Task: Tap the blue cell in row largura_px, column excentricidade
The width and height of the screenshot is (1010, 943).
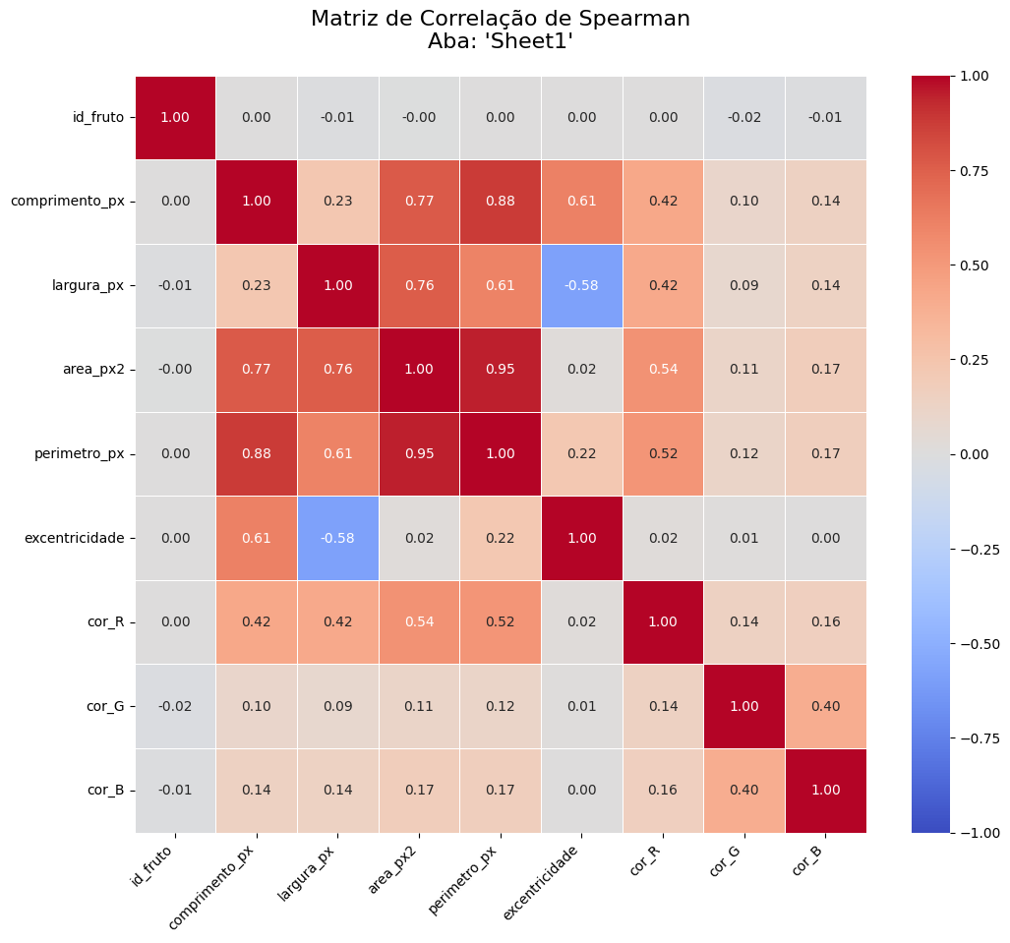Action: [581, 285]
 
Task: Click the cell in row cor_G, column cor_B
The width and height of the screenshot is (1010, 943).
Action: [825, 706]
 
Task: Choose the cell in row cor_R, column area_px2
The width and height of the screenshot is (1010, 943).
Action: [419, 622]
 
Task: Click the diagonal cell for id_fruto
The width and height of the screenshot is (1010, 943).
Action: [175, 117]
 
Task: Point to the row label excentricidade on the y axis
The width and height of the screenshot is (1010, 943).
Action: [75, 538]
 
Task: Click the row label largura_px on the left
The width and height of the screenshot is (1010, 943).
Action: [89, 285]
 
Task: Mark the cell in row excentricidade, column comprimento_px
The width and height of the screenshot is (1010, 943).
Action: [256, 538]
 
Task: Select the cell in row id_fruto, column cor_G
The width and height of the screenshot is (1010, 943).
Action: [743, 117]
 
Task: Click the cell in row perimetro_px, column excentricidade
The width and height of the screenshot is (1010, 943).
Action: [581, 453]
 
